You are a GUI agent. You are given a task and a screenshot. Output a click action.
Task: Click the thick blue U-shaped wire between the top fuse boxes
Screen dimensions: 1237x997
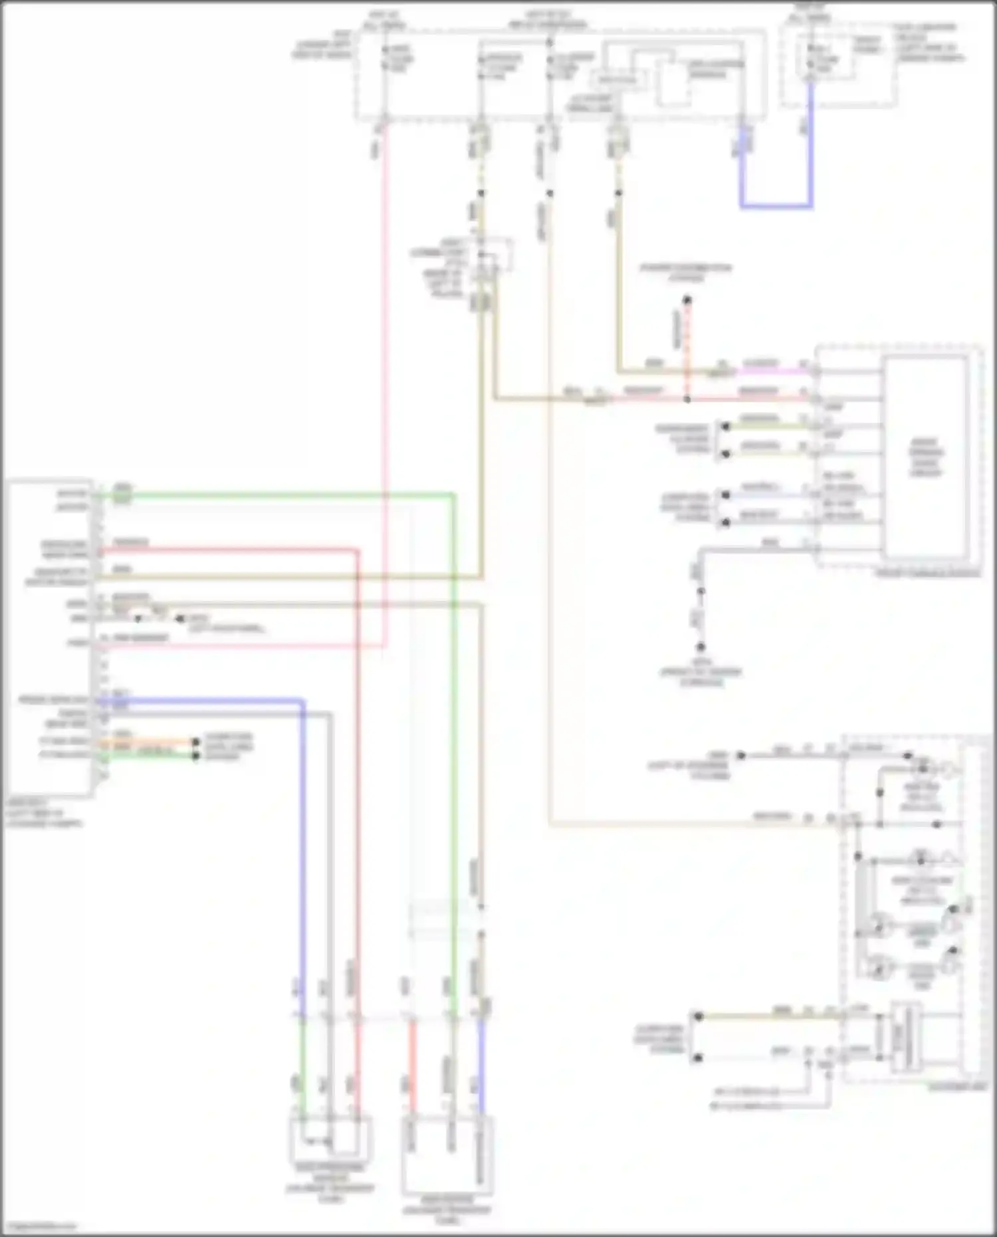(776, 206)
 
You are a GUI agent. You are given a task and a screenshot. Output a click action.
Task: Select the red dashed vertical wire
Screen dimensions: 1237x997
(687, 346)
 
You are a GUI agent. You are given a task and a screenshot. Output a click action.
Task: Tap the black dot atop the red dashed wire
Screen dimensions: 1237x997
(687, 300)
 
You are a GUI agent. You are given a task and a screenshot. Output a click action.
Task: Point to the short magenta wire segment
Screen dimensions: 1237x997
(771, 372)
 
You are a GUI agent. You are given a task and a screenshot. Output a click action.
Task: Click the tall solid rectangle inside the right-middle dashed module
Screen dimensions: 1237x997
(925, 457)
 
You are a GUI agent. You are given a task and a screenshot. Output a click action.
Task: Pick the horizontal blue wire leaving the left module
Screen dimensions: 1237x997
(199, 700)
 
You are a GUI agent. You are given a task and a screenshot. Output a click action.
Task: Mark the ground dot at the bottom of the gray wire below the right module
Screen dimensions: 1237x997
(701, 646)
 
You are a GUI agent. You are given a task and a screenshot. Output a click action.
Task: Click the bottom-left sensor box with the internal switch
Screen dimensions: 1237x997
(330, 1139)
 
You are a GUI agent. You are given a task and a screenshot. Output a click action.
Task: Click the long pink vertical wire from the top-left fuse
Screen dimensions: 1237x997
(384, 399)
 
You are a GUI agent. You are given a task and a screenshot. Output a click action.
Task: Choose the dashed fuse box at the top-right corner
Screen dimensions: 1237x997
(838, 64)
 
